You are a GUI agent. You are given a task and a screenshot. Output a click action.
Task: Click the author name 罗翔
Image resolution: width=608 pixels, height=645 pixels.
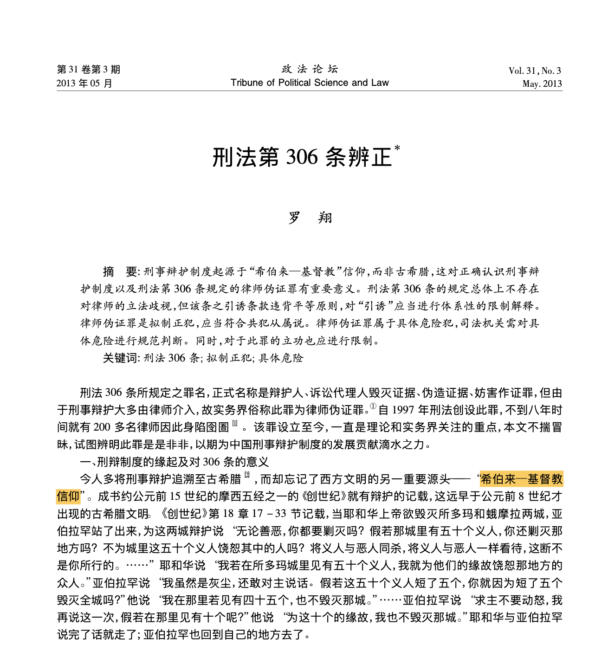tap(310, 217)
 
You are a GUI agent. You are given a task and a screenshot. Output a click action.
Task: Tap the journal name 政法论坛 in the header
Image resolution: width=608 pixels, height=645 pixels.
tap(310, 69)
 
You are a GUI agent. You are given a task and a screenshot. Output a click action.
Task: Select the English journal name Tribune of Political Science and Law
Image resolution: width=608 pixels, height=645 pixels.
tap(310, 83)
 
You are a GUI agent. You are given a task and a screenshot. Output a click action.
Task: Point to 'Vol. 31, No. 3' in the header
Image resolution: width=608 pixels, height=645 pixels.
tap(535, 71)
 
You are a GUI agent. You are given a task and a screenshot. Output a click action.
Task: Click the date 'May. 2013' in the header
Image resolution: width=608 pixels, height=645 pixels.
tap(542, 84)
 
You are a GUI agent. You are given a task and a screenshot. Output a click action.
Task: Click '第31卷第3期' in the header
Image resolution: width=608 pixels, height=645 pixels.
tap(88, 70)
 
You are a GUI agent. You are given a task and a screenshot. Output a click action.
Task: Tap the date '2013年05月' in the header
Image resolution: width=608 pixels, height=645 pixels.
tap(84, 84)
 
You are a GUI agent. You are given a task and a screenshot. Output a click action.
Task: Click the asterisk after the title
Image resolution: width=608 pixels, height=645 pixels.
tap(397, 148)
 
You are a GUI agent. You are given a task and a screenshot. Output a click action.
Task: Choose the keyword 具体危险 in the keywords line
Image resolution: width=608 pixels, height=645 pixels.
tap(281, 358)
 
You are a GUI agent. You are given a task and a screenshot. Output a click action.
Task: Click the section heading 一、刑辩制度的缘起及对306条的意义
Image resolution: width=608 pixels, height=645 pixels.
tap(175, 462)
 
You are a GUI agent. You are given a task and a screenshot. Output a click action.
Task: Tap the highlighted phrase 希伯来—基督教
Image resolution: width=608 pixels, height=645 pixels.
tap(521, 479)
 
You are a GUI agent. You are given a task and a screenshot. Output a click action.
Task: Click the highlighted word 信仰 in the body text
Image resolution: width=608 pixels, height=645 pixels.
tap(68, 496)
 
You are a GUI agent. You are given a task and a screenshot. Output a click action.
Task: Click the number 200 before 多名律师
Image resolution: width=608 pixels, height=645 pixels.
tap(102, 427)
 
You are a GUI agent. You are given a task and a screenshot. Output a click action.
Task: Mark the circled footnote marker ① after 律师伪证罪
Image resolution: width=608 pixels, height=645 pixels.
tap(373, 407)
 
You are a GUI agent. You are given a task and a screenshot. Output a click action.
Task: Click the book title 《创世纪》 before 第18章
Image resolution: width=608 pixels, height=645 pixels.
tap(182, 514)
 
